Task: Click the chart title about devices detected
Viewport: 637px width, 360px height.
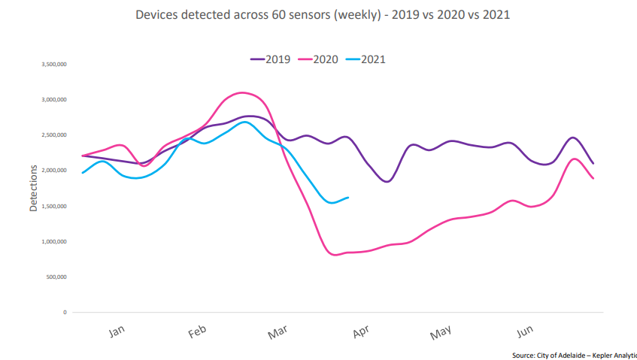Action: click(318, 15)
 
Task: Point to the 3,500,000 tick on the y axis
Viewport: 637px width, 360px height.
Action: click(54, 65)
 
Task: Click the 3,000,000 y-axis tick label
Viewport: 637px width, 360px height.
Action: click(54, 100)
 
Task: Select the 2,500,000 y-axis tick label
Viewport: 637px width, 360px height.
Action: click(54, 135)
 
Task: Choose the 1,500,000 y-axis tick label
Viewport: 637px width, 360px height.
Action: click(54, 206)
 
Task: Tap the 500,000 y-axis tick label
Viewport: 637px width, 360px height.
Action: click(56, 277)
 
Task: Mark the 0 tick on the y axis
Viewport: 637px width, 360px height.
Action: click(65, 312)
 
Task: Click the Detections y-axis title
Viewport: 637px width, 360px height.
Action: click(33, 189)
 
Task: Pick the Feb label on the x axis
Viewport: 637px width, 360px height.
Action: click(198, 331)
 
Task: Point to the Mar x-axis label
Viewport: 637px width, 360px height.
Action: click(278, 331)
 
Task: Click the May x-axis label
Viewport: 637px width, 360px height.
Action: click(441, 331)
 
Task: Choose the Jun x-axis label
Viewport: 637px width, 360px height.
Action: click(524, 331)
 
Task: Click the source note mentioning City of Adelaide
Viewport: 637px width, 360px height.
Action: click(574, 355)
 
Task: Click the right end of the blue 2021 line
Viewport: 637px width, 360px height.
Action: click(347, 198)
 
